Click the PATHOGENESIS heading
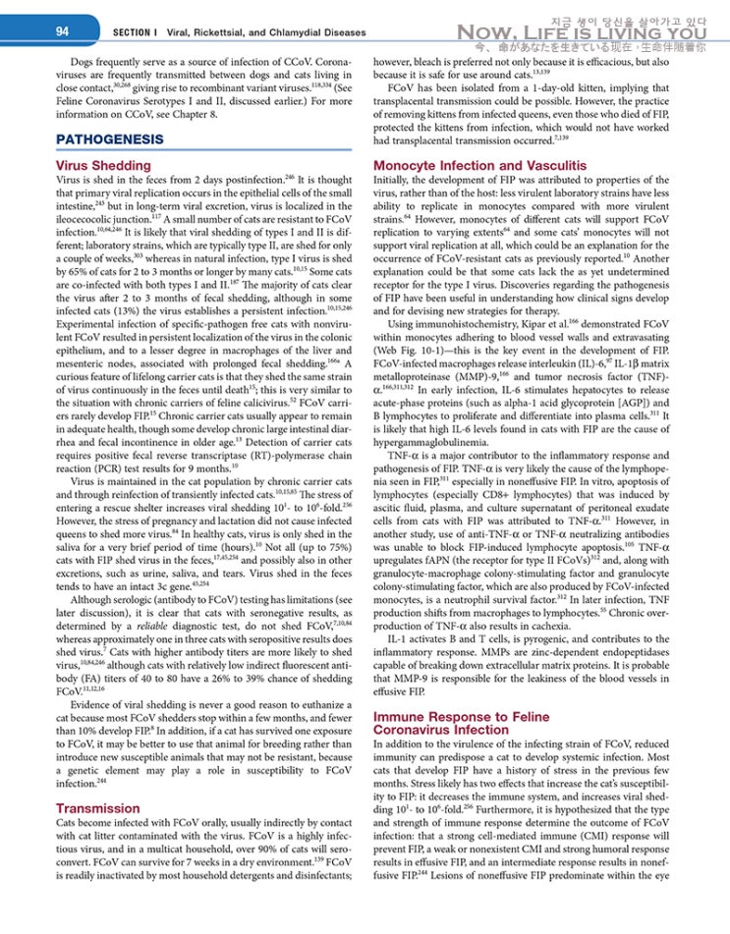(110, 139)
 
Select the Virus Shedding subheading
(103, 166)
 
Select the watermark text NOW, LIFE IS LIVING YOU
(583, 33)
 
